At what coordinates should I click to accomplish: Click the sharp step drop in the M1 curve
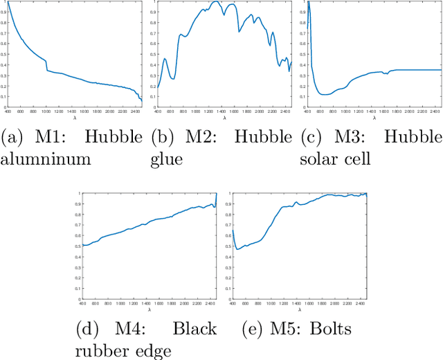click(x=46, y=65)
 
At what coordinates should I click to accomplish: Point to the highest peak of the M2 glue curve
click(x=217, y=2)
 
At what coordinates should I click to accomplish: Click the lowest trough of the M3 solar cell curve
click(x=324, y=94)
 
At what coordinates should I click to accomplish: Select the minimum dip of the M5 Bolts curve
click(x=237, y=249)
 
